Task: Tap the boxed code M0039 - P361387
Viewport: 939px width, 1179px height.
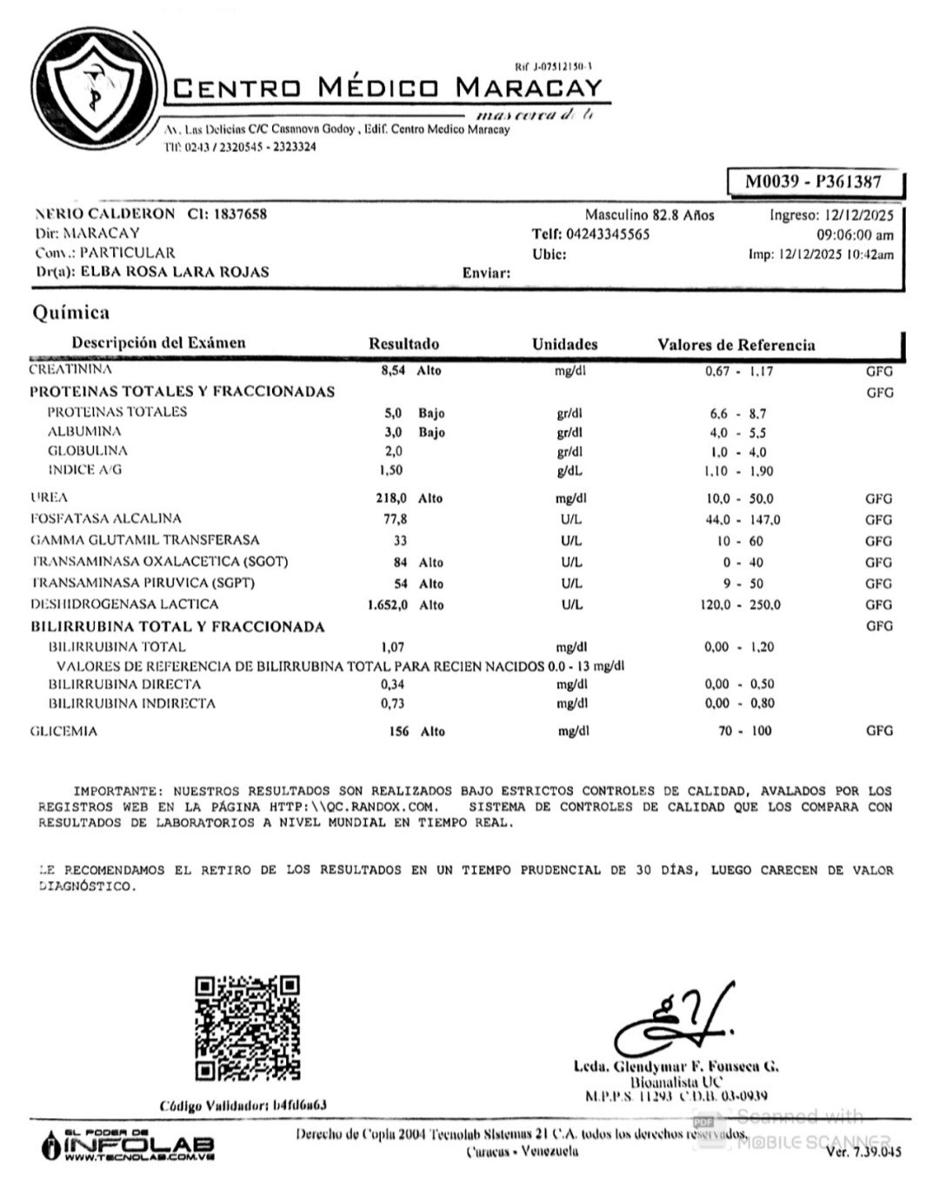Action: click(813, 182)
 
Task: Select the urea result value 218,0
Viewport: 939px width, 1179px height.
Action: click(390, 499)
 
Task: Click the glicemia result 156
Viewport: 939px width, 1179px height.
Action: click(398, 732)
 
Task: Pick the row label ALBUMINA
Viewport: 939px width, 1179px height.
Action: click(84, 432)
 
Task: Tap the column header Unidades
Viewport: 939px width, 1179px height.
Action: click(564, 344)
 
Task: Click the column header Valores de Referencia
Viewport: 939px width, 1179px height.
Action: click(736, 345)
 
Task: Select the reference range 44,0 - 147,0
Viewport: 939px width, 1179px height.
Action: click(742, 520)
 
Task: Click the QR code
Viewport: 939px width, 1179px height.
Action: click(248, 1028)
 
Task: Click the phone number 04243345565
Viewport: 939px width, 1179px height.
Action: click(607, 235)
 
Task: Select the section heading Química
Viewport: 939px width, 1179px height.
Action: click(71, 313)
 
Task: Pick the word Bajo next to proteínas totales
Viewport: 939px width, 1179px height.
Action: click(431, 414)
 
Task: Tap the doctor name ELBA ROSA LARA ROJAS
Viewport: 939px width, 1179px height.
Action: click(175, 272)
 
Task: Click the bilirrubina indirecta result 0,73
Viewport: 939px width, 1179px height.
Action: click(392, 704)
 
